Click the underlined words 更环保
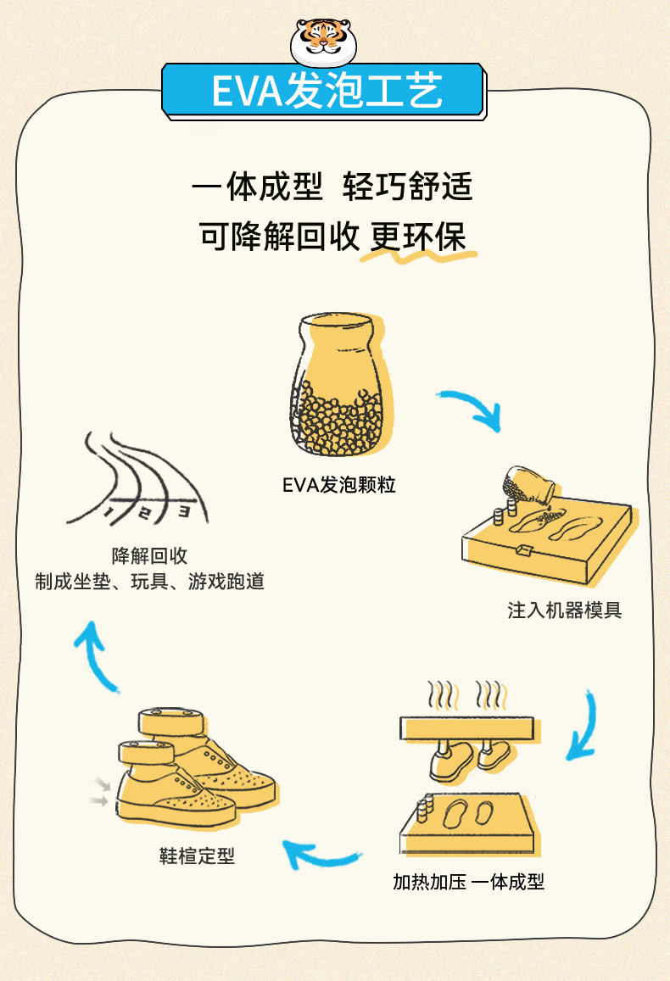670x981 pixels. click(419, 237)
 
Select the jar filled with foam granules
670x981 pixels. click(337, 386)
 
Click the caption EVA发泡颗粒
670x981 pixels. click(339, 486)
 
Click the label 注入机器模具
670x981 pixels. click(564, 610)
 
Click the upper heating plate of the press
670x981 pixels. click(466, 727)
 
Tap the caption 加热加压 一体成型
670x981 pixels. click(468, 882)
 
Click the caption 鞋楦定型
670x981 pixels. click(197, 856)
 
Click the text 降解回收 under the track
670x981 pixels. click(149, 556)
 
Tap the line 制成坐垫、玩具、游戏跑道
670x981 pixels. click(149, 582)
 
